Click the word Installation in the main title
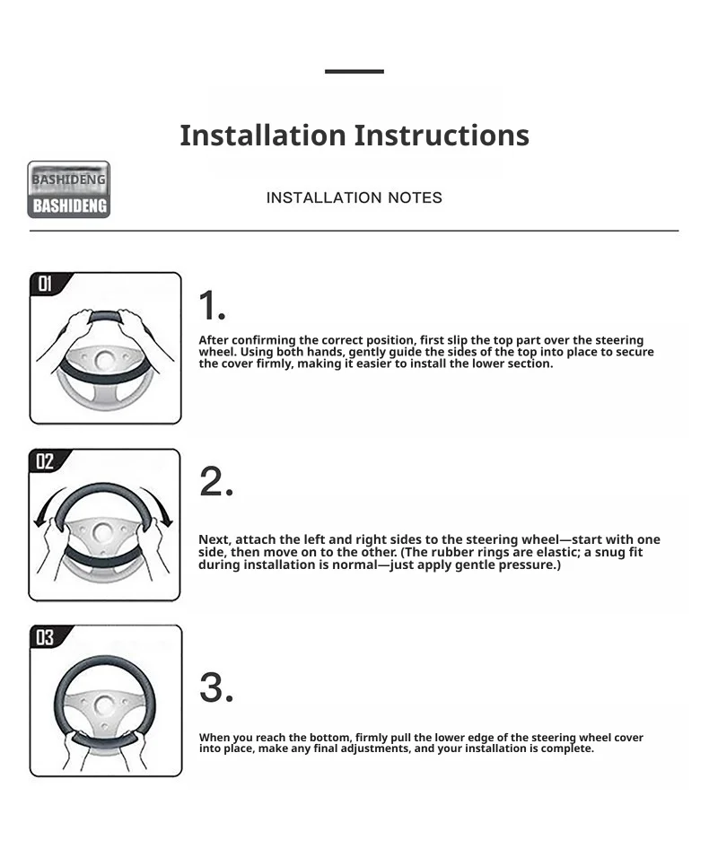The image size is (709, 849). (263, 135)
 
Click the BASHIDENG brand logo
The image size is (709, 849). (69, 189)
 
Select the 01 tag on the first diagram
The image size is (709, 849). (45, 284)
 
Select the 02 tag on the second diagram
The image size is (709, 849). (44, 461)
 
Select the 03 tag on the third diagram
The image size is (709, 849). (45, 637)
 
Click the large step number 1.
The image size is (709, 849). (212, 305)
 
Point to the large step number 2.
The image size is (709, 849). (216, 481)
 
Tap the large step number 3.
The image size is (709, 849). (216, 687)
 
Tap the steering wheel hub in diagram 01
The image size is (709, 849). (104, 360)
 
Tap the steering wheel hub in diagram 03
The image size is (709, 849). (103, 705)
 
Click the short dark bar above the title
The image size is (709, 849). (354, 71)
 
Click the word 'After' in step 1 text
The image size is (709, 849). (214, 340)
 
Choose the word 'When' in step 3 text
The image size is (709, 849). (214, 738)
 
